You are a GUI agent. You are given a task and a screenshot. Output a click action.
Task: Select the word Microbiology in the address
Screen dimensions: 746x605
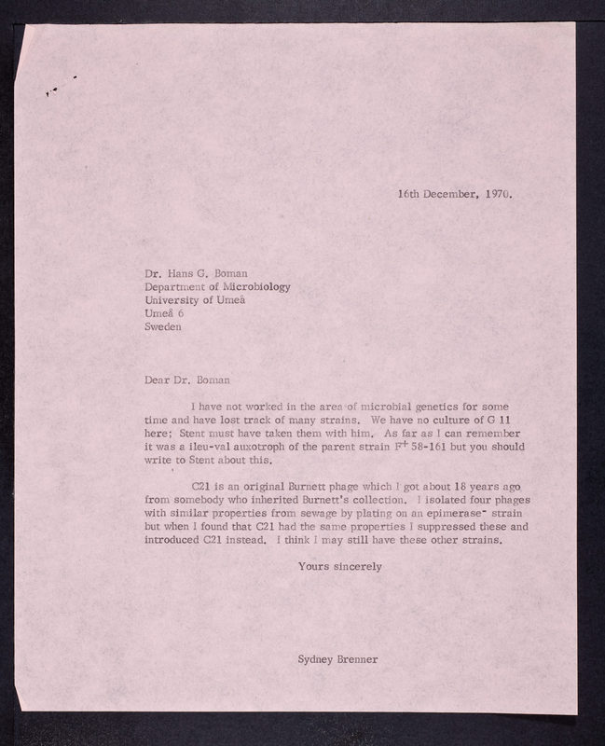click(x=254, y=287)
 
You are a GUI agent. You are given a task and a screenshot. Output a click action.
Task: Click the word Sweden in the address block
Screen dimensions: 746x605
click(x=164, y=327)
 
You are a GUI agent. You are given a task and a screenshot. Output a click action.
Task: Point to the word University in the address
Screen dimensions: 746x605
click(x=177, y=300)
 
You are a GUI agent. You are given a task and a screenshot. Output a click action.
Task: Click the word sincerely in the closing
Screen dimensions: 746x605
click(x=355, y=566)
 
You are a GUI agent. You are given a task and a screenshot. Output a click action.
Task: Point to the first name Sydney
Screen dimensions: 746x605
click(x=314, y=659)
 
